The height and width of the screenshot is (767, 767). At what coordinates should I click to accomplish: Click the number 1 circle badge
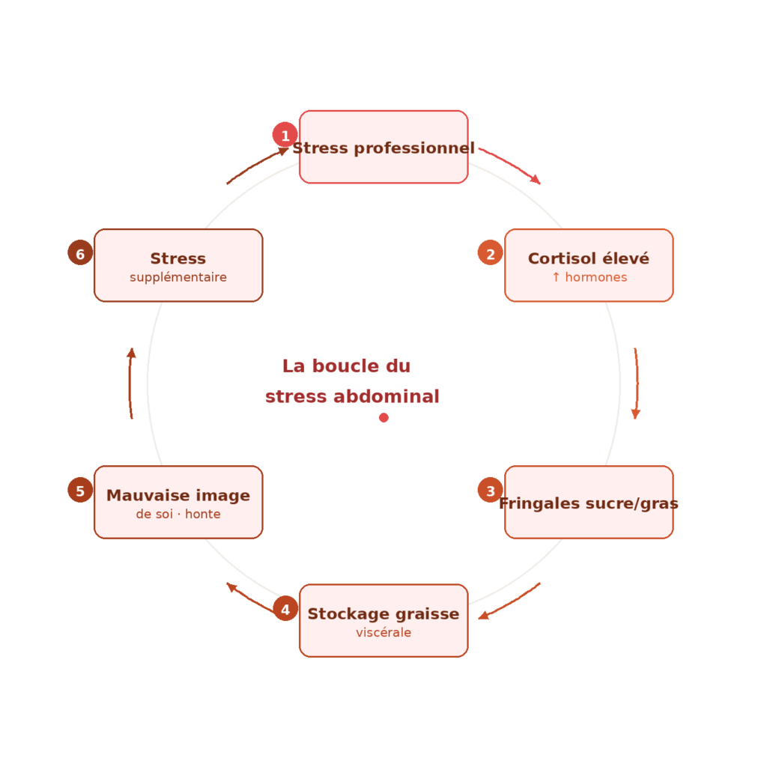pos(285,135)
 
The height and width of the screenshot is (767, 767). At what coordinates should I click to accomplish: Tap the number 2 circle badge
pos(490,253)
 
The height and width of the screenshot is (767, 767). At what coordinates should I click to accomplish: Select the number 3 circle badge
pos(490,491)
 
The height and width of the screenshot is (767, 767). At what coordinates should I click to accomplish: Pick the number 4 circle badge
pos(285,608)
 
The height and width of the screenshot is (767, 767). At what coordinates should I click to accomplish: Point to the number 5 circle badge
pos(80,491)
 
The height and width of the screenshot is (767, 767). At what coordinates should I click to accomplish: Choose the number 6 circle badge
pos(80,253)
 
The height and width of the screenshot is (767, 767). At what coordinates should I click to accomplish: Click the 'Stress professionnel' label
pos(383,148)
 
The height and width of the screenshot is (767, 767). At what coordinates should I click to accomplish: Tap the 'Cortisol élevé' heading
pos(588,258)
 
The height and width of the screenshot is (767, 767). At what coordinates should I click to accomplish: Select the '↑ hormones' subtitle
pos(589,277)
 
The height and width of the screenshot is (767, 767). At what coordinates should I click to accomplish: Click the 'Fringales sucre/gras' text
pos(588,503)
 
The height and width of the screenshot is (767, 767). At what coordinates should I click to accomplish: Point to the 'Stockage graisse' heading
pos(383,614)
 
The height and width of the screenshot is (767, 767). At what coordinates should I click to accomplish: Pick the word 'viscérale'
pos(383,633)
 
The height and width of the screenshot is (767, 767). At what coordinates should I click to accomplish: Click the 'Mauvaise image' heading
pos(178,496)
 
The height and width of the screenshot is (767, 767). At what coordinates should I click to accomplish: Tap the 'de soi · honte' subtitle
pos(178,515)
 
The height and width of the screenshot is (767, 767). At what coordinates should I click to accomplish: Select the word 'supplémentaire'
pos(178,277)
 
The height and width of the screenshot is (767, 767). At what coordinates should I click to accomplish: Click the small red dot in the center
pos(383,417)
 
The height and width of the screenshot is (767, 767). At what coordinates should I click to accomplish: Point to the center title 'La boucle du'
pos(346,366)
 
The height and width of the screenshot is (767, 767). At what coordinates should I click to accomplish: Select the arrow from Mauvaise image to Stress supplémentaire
pos(130,383)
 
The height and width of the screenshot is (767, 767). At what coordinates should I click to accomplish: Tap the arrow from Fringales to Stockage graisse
pos(511,601)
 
